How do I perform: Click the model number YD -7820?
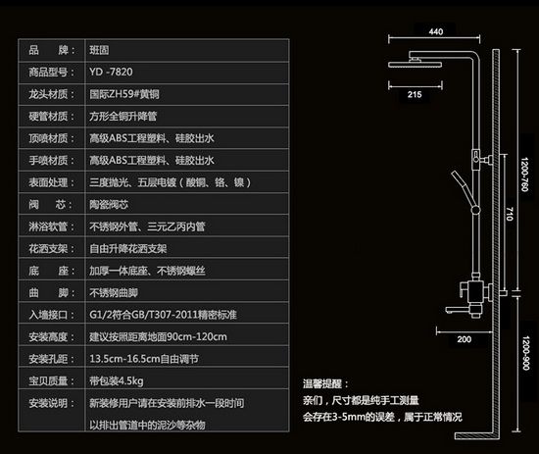point(111,72)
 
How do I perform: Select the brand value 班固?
point(99,50)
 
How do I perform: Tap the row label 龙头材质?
point(48,94)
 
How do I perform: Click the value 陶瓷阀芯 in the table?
point(109,205)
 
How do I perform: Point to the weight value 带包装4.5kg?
point(117,381)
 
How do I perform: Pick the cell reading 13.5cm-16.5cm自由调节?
point(144,359)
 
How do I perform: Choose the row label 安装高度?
point(48,336)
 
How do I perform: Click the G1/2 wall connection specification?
point(163,315)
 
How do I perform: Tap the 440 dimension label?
point(436,31)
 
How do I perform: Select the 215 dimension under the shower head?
point(415,94)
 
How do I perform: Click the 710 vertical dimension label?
point(510,214)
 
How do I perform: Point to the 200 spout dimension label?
point(465,339)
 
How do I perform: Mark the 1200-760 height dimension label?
point(524,175)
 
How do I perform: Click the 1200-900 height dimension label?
point(525,353)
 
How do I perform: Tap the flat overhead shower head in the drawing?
point(416,64)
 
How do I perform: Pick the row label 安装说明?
point(48,403)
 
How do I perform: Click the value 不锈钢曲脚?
point(114,292)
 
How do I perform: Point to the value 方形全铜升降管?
point(123,117)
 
